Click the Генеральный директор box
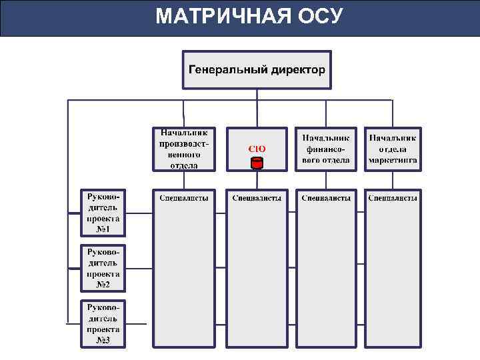pos(257,69)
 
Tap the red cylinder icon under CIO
pos(257,163)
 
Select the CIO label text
pos(257,148)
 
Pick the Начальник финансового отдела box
pos(326,149)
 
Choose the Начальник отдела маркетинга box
pos(393,149)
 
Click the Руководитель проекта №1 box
pos(103,213)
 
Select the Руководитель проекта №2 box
pos(103,268)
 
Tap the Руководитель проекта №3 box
pos(103,323)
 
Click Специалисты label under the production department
pos(183,198)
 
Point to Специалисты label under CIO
pos(257,198)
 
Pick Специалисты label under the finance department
pos(326,198)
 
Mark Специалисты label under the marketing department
pos(393,198)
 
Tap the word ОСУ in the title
pos(320,16)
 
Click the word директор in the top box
pos(298,69)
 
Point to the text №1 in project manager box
pos(103,229)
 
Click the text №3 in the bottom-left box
pos(103,340)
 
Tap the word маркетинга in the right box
pos(393,161)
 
